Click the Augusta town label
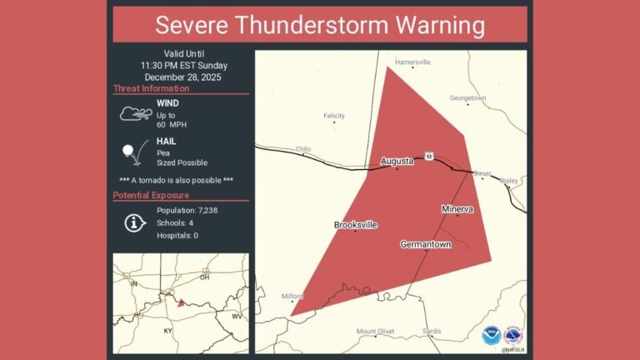click(x=397, y=161)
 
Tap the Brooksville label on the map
click(x=356, y=225)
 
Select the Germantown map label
click(x=425, y=244)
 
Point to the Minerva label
click(x=457, y=209)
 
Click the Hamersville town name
click(x=412, y=62)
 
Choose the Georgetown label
click(x=467, y=97)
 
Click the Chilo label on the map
click(x=303, y=149)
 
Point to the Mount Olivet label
click(x=375, y=332)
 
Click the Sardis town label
click(x=432, y=331)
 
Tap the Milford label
click(x=292, y=295)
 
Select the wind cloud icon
click(x=135, y=113)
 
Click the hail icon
click(x=132, y=152)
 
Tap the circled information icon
click(x=133, y=222)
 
